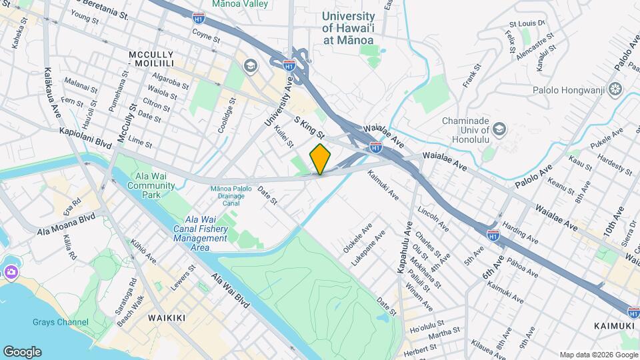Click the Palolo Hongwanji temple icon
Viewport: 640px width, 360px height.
coord(614,89)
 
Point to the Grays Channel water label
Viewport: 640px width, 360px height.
coord(60,323)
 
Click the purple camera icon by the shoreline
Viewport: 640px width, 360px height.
coord(11,272)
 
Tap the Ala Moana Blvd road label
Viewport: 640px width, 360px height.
coord(67,224)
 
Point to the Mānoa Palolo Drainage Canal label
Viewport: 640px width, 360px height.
coord(231,196)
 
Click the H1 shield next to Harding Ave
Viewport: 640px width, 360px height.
coord(493,235)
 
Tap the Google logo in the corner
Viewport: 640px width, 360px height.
coord(22,351)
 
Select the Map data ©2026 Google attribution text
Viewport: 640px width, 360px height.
coord(598,355)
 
